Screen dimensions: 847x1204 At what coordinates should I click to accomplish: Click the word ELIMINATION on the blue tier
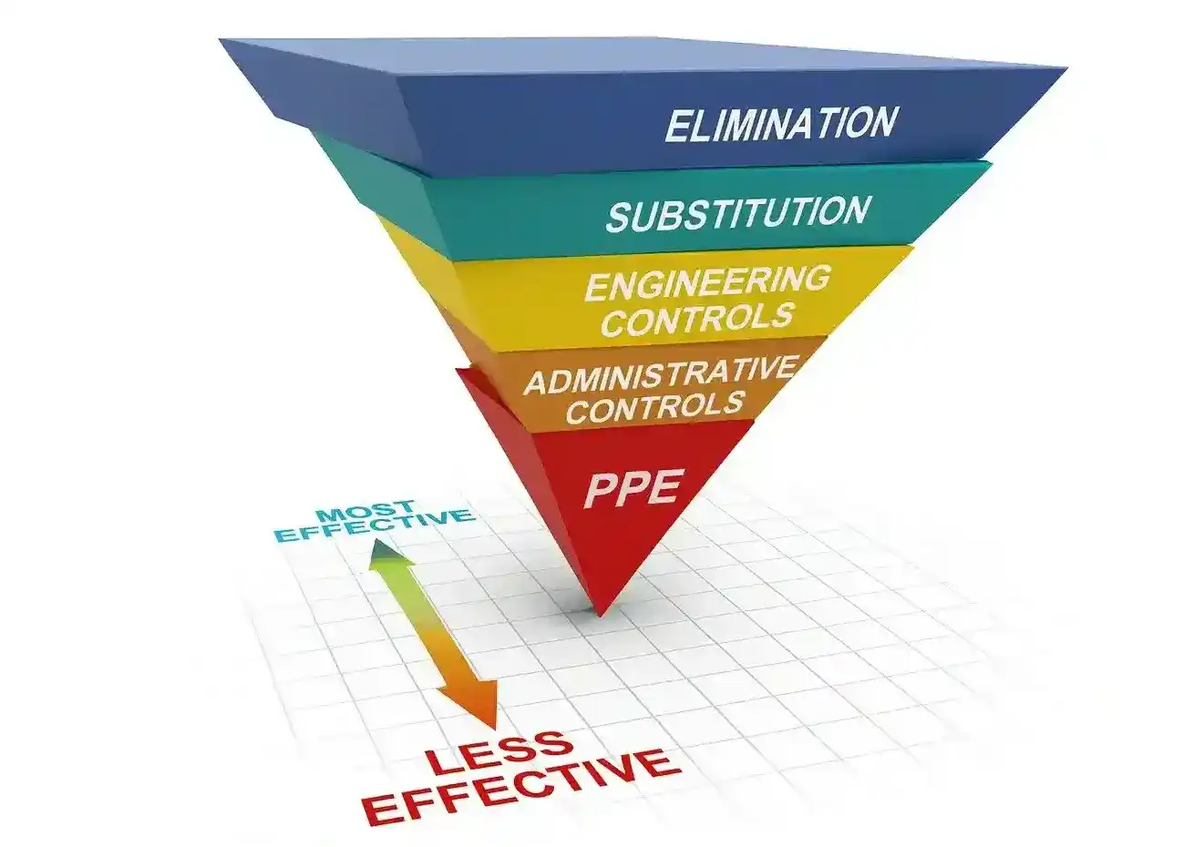click(781, 124)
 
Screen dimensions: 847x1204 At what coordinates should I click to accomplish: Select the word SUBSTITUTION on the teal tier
click(737, 214)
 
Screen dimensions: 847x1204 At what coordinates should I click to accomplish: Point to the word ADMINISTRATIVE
click(659, 375)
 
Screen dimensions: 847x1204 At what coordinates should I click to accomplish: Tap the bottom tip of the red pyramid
click(599, 611)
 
